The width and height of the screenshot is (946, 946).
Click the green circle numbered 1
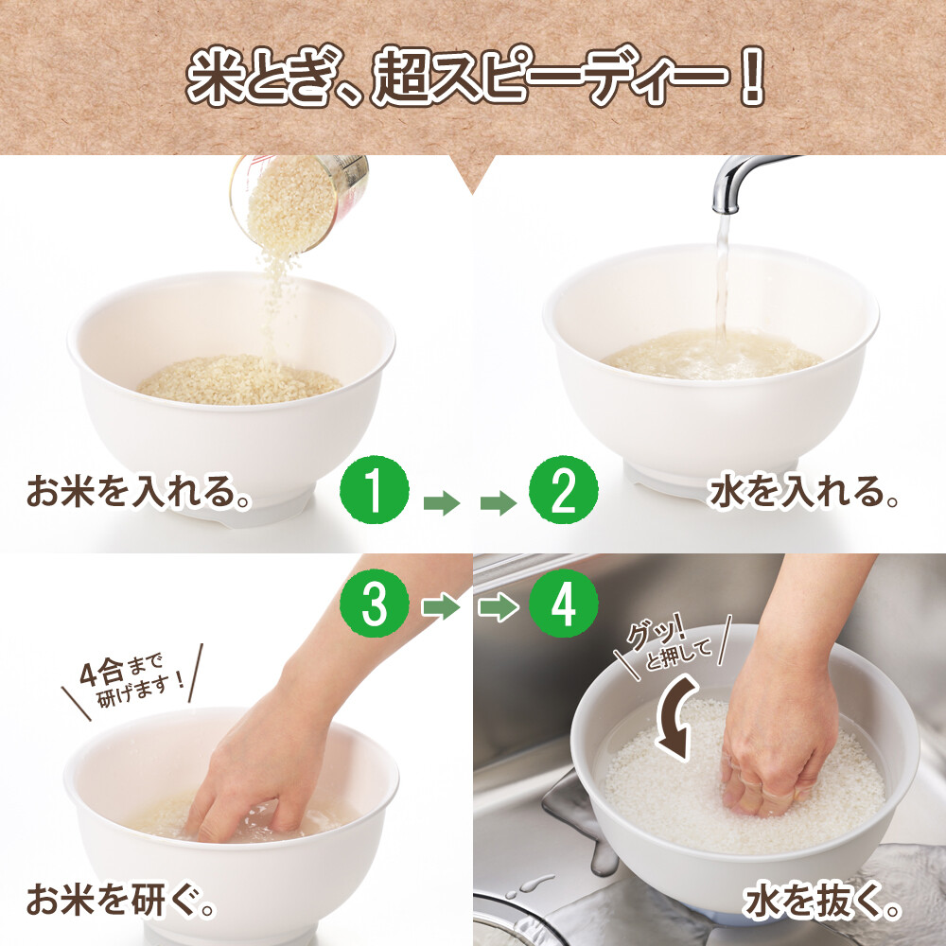click(x=374, y=489)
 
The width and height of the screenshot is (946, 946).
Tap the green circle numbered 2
click(x=564, y=489)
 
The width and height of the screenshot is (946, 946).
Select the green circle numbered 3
click(x=374, y=604)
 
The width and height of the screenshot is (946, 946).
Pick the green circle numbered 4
click(x=564, y=604)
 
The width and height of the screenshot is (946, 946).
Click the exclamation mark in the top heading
click(x=752, y=77)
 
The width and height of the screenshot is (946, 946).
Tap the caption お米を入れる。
click(x=138, y=492)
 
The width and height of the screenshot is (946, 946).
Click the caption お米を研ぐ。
click(x=121, y=900)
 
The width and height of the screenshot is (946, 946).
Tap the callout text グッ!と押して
click(x=670, y=645)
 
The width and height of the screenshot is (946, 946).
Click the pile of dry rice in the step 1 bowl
click(x=239, y=380)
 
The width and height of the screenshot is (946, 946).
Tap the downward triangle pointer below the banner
click(x=472, y=172)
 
